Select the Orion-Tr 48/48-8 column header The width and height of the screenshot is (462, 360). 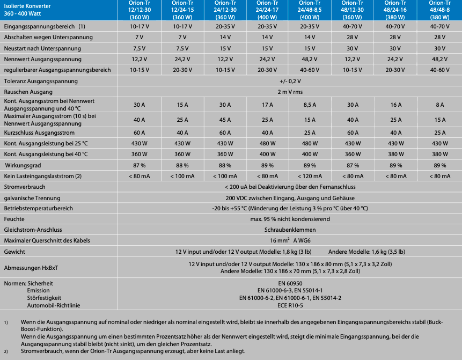point(439,10)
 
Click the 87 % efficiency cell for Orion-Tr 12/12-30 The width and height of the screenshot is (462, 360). point(140,166)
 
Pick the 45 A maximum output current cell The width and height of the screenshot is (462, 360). point(225,120)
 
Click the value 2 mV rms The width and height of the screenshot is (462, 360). point(290,92)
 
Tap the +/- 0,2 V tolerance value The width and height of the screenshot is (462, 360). point(290,81)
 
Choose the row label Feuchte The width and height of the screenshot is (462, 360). point(14,219)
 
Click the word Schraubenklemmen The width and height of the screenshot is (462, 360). point(290,230)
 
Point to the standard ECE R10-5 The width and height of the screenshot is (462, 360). point(290,305)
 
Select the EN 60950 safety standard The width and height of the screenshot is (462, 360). point(290,283)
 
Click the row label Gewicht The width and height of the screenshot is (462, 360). point(14,251)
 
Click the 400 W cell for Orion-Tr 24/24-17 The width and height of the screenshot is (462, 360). point(268,155)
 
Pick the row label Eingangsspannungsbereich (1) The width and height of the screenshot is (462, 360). point(44,26)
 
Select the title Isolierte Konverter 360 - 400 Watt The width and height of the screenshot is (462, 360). point(26,10)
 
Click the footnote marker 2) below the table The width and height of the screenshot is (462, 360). point(6,351)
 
